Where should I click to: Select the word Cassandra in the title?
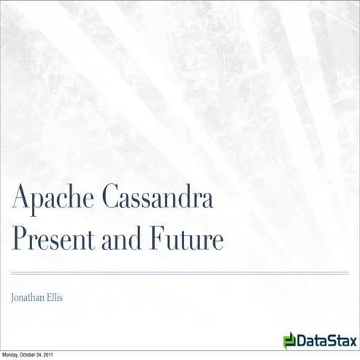pos(157,198)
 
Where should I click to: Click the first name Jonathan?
pos(31,298)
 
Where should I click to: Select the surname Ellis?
pos(64,298)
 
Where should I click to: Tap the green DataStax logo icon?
pos(290,340)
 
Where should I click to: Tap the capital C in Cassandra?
pos(112,197)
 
